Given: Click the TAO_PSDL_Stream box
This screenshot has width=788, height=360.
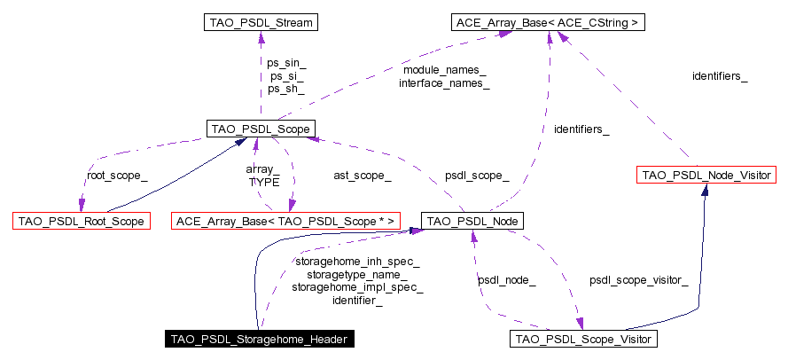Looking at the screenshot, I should click(x=259, y=22).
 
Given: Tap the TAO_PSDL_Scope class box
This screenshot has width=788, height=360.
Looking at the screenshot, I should click(x=261, y=129).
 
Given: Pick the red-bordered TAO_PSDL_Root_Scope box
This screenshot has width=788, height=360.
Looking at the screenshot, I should click(x=81, y=220).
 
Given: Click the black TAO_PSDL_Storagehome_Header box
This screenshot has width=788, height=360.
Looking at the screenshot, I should click(x=261, y=339).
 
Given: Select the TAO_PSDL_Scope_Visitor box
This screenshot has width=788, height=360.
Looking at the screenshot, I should click(x=583, y=339).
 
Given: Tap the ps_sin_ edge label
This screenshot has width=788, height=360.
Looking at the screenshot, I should click(x=286, y=62).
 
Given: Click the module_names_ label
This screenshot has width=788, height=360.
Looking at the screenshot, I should click(x=444, y=69).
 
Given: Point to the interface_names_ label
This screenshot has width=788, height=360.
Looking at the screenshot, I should click(x=444, y=83).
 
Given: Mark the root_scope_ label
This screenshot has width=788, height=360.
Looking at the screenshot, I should click(x=117, y=176).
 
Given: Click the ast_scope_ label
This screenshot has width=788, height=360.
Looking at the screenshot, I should click(x=362, y=176).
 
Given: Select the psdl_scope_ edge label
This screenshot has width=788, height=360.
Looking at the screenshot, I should click(x=477, y=176).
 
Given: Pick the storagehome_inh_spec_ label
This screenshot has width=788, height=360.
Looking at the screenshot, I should click(x=357, y=262).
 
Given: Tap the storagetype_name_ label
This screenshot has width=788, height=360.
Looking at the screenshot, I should click(x=357, y=275).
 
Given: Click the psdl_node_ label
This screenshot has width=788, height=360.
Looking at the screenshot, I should click(x=506, y=280).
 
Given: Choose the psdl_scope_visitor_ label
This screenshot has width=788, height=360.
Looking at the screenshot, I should click(x=638, y=280).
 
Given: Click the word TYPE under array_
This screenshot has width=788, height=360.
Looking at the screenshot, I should click(x=263, y=182).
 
